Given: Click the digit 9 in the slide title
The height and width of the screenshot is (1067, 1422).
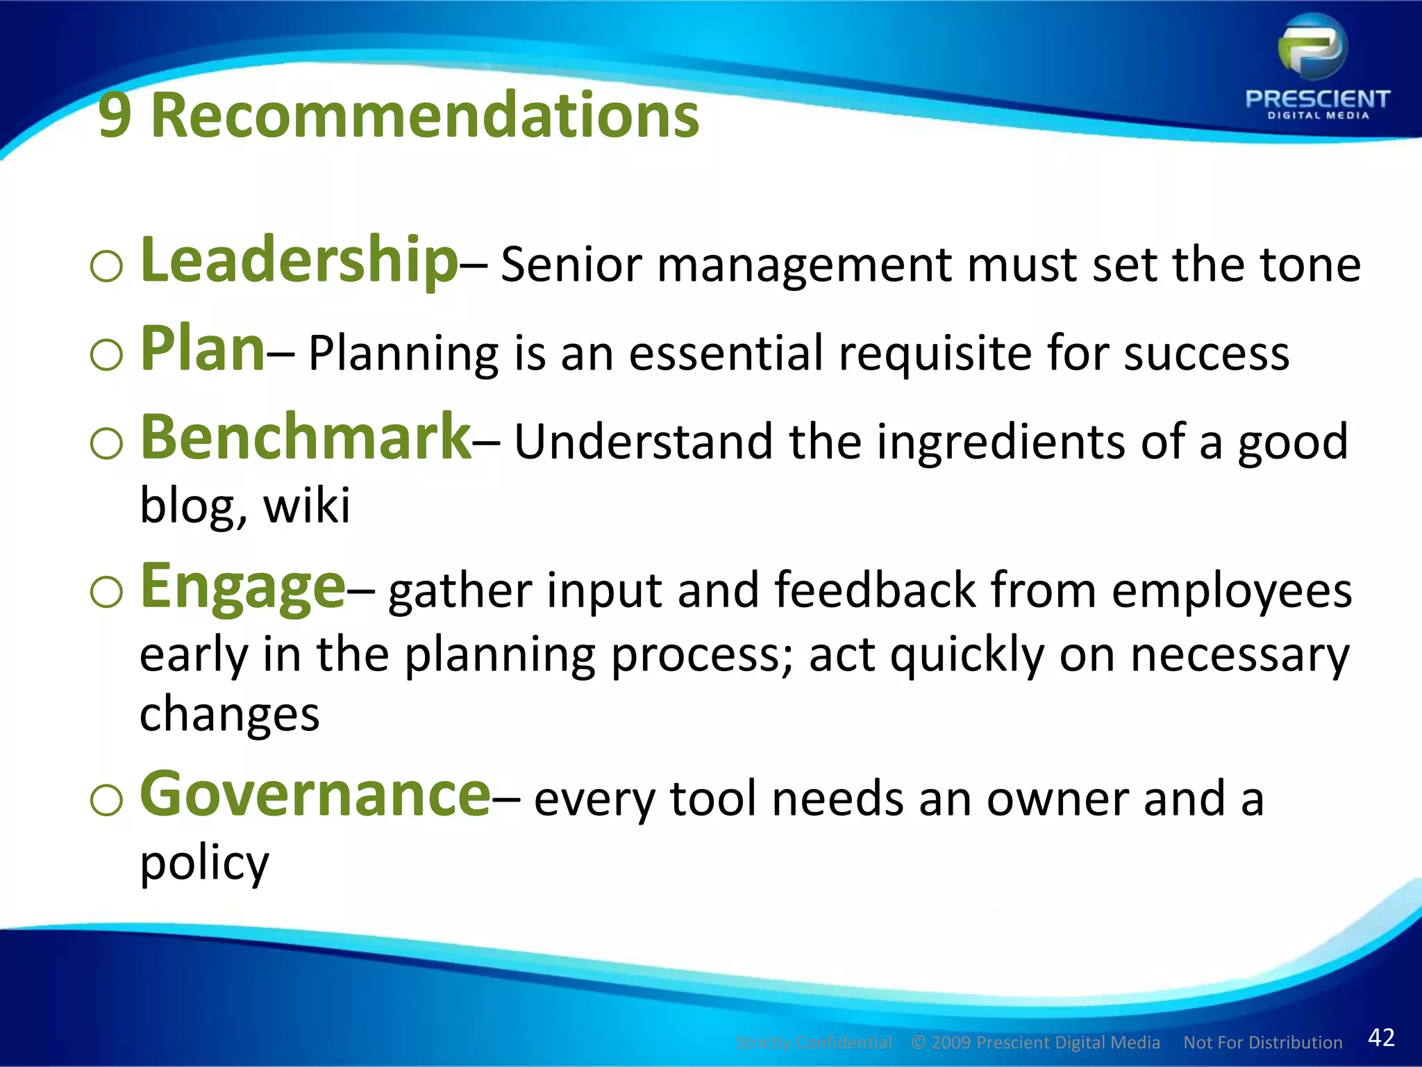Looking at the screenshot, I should point(115,115).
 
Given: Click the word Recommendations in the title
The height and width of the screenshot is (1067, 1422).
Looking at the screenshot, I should point(425,115).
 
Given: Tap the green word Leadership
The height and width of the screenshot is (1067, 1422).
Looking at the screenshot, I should point(299,260).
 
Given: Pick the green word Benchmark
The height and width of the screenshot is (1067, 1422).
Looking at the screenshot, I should point(306,437).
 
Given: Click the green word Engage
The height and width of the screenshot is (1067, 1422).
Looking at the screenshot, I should point(243,588).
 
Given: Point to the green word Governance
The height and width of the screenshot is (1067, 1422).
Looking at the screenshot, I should point(316,795).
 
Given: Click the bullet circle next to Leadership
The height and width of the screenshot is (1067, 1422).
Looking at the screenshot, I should point(106,267).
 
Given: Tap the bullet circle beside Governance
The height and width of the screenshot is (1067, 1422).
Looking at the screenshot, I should point(106,801).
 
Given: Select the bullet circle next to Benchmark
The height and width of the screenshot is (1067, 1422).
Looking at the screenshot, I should point(106,444).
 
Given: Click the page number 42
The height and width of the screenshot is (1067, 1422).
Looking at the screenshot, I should point(1381,1037).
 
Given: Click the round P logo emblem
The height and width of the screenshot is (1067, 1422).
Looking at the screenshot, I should point(1312,47).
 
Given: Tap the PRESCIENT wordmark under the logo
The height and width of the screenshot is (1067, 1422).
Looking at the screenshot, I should point(1317,99).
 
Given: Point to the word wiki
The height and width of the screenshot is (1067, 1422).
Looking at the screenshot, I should point(307,506).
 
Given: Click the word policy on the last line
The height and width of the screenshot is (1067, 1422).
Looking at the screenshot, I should point(204,864).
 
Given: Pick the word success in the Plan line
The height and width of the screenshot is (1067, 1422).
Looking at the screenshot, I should point(1206,354).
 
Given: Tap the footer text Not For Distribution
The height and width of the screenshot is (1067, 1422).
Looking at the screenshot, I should point(1262,1043).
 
